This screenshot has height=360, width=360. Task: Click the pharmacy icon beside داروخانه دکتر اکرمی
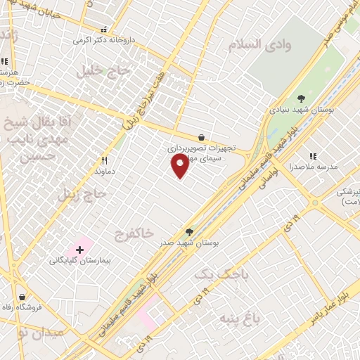pyautogui.click(x=104, y=30)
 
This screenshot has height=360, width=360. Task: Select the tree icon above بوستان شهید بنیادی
pyautogui.click(x=302, y=98)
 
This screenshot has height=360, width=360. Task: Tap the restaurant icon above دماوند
pyautogui.click(x=104, y=160)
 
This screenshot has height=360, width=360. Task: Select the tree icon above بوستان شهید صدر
pyautogui.click(x=189, y=231)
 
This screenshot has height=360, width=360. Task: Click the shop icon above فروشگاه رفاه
pyautogui.click(x=23, y=296)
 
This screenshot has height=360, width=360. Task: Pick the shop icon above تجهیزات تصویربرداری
pyautogui.click(x=202, y=138)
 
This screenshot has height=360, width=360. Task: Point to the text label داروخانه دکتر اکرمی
pyautogui.click(x=105, y=40)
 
